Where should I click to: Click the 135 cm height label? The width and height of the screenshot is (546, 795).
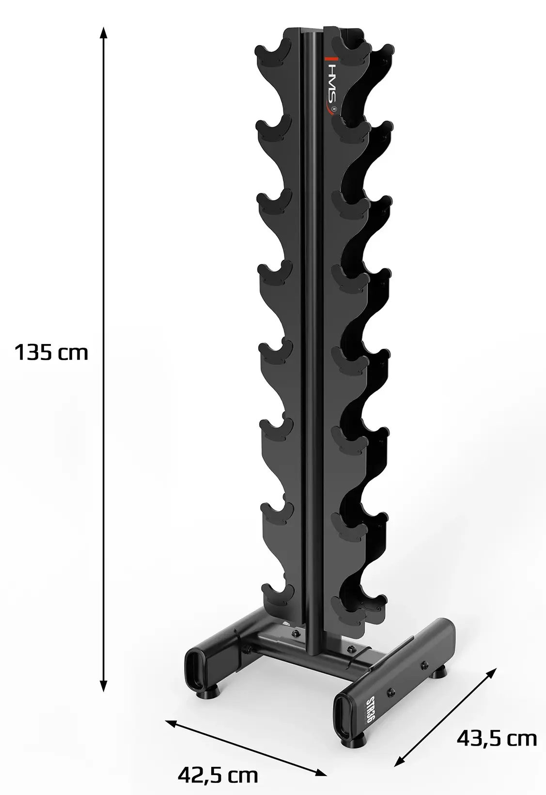51,352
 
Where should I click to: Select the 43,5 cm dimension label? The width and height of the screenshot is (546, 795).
497,738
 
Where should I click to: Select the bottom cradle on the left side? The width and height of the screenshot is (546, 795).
277,592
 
